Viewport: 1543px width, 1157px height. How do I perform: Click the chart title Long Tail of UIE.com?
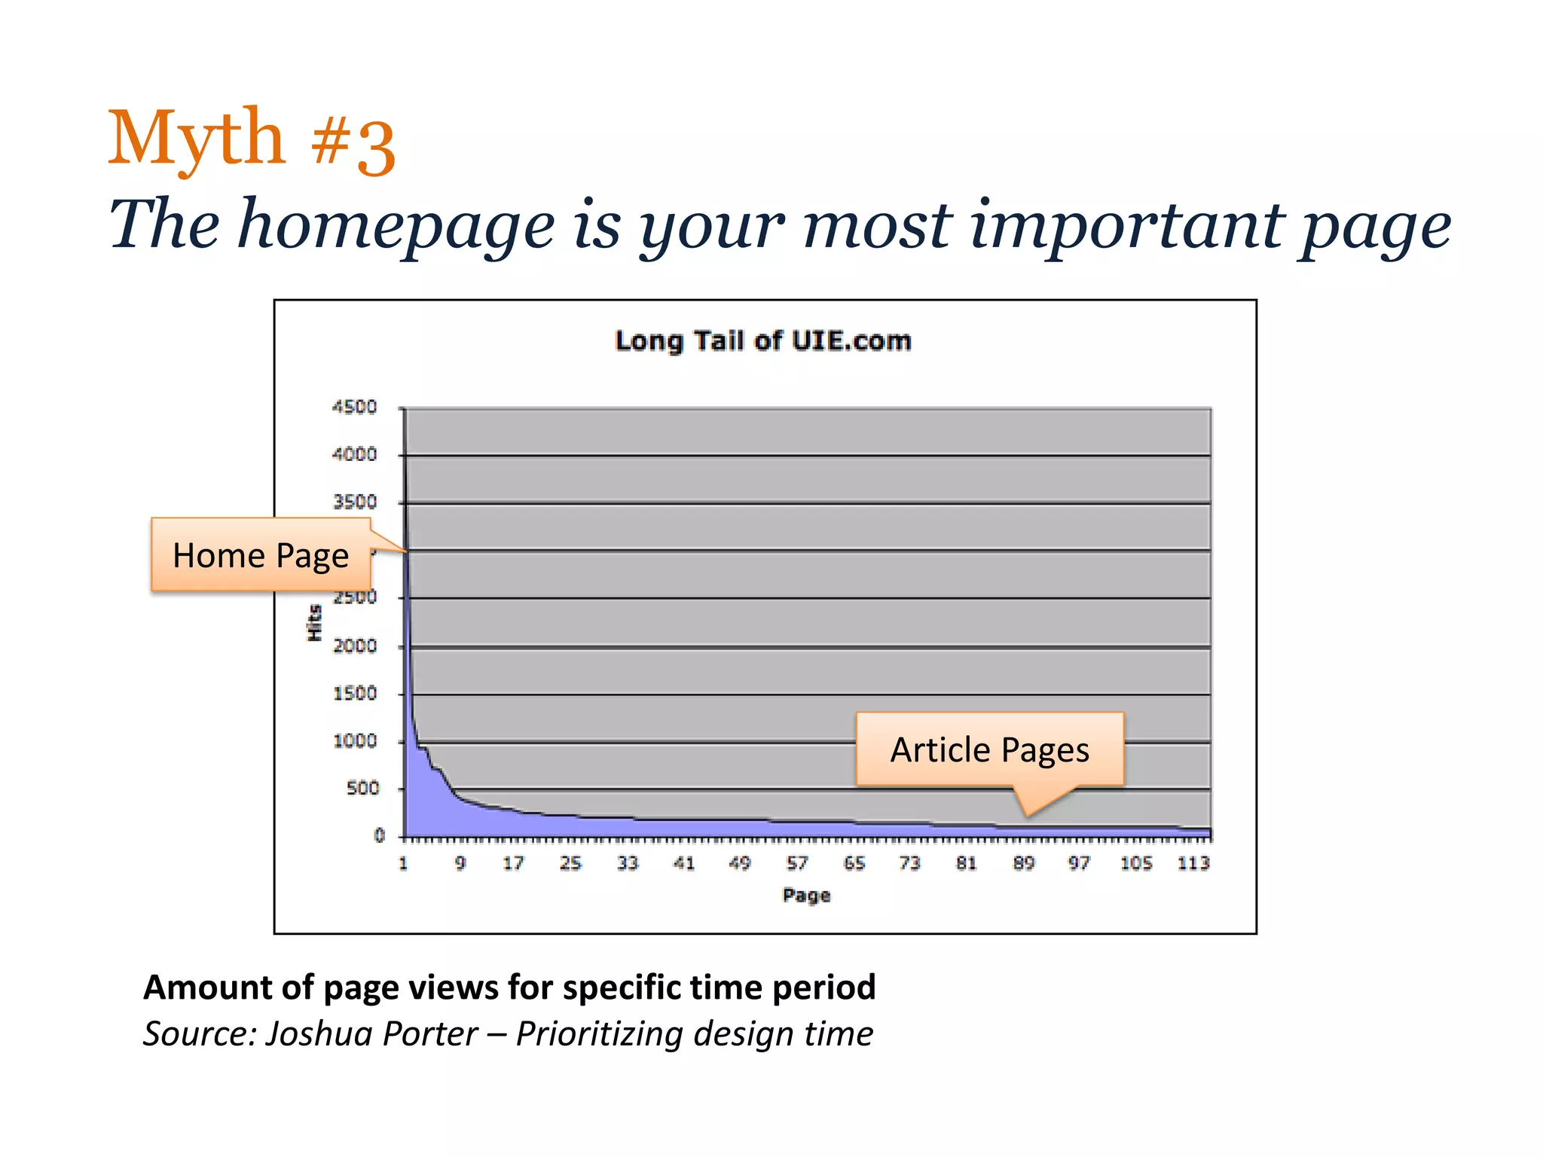(x=762, y=341)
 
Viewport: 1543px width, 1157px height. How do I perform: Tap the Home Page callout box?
(x=261, y=555)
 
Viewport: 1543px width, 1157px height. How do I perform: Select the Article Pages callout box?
(x=989, y=749)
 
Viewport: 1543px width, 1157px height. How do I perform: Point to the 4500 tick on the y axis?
(x=354, y=408)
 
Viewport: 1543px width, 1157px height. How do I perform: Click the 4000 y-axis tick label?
(x=354, y=455)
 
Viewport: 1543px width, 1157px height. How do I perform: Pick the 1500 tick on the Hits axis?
(x=355, y=694)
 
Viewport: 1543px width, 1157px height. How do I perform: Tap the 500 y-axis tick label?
(x=362, y=789)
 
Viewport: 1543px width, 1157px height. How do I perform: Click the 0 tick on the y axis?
(x=379, y=835)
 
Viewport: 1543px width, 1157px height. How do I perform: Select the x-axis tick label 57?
(x=797, y=863)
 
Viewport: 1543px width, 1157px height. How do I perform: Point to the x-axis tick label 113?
(x=1193, y=863)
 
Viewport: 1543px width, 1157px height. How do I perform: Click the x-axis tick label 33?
(x=628, y=863)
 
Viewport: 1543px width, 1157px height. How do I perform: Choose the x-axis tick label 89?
(x=1023, y=863)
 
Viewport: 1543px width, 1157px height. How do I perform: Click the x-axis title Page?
(x=806, y=896)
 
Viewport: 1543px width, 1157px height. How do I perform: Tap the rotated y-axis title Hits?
(x=314, y=623)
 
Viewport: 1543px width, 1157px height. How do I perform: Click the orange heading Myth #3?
(x=252, y=139)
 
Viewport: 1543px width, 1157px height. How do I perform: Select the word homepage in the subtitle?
(x=396, y=226)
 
